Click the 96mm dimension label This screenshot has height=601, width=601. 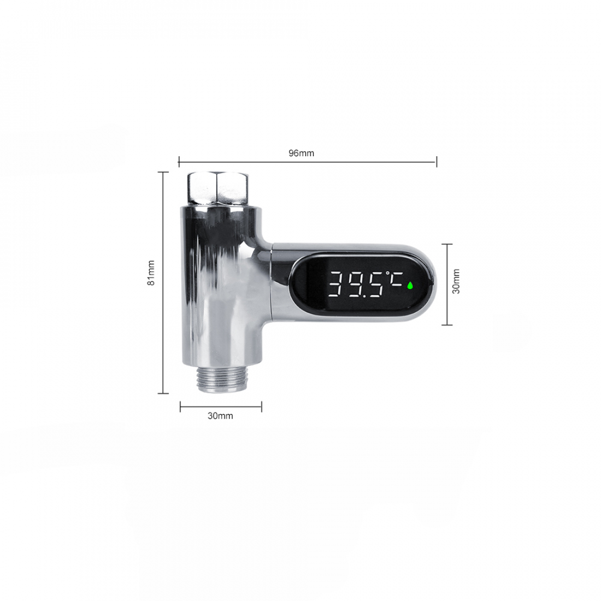pos(301,154)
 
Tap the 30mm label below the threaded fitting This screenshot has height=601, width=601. pos(220,416)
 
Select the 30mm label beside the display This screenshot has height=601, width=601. pos(456,281)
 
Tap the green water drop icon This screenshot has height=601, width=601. pos(410,285)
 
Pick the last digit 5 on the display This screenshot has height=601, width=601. pos(376,285)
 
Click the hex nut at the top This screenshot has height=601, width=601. pos(217,190)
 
